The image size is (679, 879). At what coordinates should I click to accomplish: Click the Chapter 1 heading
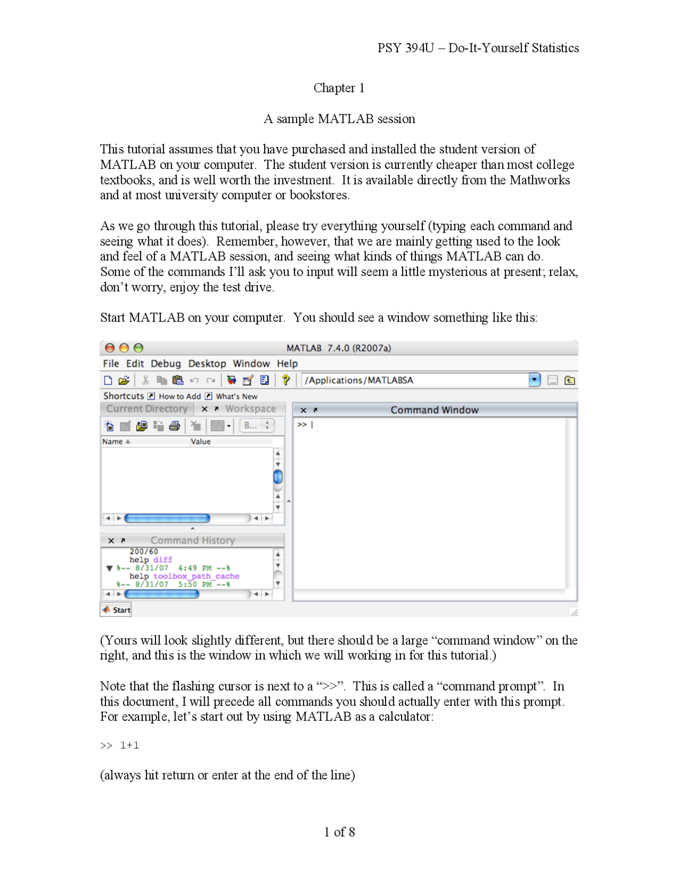(x=338, y=88)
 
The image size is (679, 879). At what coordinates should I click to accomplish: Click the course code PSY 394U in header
(x=405, y=48)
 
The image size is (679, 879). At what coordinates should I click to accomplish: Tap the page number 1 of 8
(x=339, y=832)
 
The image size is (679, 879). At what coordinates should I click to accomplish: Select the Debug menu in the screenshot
(x=166, y=364)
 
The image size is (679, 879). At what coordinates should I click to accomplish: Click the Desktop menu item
(x=207, y=364)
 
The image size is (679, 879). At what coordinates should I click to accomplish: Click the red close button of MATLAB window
(x=110, y=348)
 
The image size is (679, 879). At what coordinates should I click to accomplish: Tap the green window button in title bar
(x=138, y=348)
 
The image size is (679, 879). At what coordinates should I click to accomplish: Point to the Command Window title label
(x=434, y=410)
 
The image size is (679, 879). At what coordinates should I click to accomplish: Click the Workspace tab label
(x=250, y=409)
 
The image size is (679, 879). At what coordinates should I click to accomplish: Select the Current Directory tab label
(x=147, y=409)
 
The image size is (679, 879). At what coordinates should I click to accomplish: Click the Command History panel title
(x=193, y=540)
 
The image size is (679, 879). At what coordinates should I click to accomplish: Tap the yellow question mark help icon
(x=286, y=380)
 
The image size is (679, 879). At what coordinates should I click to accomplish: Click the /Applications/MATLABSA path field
(x=414, y=380)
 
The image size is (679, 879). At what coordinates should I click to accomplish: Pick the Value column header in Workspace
(x=201, y=442)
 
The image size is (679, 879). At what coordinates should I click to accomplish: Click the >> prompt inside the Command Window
(x=302, y=425)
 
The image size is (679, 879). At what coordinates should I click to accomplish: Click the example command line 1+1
(x=129, y=745)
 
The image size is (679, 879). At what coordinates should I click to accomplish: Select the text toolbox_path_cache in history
(x=196, y=576)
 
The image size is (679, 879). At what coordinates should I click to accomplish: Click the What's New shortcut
(x=236, y=396)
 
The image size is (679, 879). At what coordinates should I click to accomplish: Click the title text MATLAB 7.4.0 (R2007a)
(x=338, y=348)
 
